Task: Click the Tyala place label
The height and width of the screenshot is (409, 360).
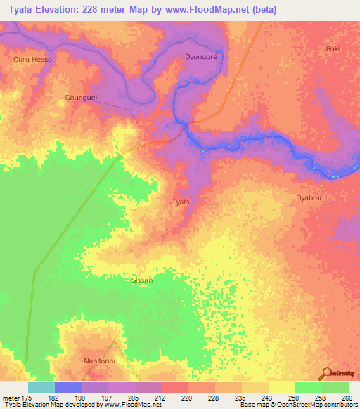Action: [x=181, y=202]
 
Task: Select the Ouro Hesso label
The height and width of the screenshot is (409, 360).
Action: [x=33, y=60]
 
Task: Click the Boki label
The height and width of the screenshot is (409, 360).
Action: [x=333, y=48]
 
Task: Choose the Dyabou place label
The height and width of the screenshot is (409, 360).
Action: [x=309, y=198]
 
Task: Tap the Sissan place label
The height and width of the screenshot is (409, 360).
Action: [x=142, y=279]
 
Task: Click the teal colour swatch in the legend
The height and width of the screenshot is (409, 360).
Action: [x=41, y=387]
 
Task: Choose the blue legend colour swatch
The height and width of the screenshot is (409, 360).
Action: [x=67, y=387]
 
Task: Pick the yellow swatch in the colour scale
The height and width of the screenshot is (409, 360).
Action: [x=281, y=387]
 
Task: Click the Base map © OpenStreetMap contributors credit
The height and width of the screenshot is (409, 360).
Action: [x=297, y=405]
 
